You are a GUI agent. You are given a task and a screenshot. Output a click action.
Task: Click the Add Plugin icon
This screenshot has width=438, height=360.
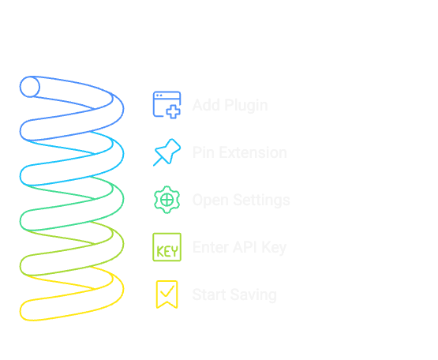click(167, 105)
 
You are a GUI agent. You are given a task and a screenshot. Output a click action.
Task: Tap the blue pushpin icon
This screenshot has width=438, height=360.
click(167, 152)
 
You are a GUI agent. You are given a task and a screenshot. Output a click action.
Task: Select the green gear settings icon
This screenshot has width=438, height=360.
click(167, 200)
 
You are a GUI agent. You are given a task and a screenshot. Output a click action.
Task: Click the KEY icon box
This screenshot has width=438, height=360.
click(167, 247)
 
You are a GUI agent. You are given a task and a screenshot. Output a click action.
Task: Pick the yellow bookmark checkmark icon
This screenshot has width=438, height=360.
click(167, 294)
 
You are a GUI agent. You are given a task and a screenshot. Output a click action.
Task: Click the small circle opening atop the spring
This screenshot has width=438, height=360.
click(30, 87)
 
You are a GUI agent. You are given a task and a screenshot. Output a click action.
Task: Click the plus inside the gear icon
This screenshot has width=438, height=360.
click(167, 200)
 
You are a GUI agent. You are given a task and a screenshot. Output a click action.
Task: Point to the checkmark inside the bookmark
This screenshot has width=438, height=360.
click(167, 294)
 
